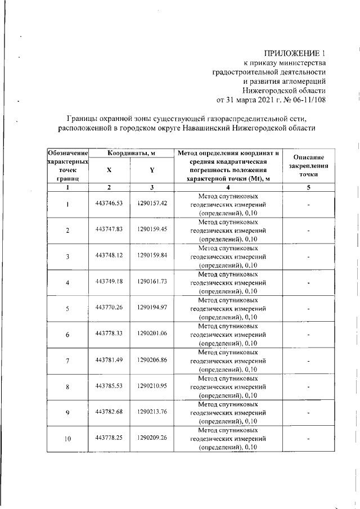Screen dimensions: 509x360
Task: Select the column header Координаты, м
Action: pyautogui.click(x=131, y=153)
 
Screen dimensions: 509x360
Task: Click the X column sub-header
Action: pyautogui.click(x=109, y=170)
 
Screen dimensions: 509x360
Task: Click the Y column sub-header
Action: pyautogui.click(x=152, y=170)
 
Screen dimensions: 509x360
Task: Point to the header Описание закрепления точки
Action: pyautogui.click(x=309, y=166)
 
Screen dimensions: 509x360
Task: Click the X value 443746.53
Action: pyautogui.click(x=109, y=204)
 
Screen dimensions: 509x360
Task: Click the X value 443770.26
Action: pyautogui.click(x=109, y=308)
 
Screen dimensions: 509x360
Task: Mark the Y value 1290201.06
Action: pyautogui.click(x=152, y=334)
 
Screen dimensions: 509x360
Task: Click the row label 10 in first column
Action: pyautogui.click(x=67, y=439)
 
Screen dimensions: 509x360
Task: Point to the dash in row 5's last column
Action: pyautogui.click(x=309, y=308)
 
